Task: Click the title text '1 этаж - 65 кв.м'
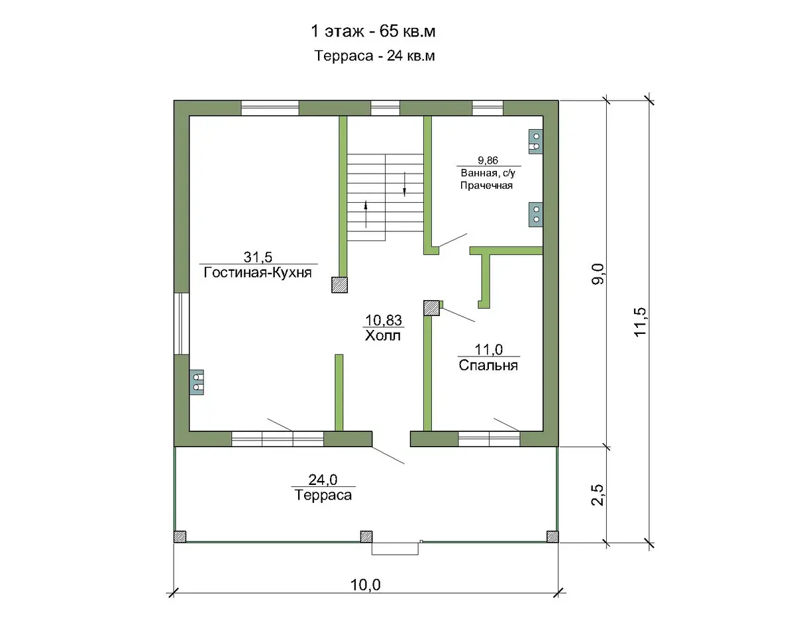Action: click(x=373, y=31)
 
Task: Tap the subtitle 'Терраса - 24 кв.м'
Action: click(x=374, y=56)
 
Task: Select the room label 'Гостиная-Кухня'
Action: click(x=258, y=273)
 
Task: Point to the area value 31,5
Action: click(x=258, y=256)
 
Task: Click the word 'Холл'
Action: click(x=383, y=335)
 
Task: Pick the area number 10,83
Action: click(x=384, y=320)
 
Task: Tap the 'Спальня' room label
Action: click(x=488, y=366)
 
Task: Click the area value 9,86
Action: click(x=488, y=160)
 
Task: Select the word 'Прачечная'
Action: click(x=486, y=185)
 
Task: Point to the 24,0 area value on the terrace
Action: click(x=323, y=480)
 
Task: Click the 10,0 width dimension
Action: click(x=365, y=585)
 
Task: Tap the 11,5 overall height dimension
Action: click(x=640, y=321)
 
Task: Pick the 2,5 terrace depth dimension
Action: click(x=598, y=495)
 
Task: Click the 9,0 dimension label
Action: click(x=598, y=274)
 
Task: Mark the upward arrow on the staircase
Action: click(x=366, y=214)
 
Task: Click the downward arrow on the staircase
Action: click(x=405, y=184)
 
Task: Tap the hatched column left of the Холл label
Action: click(x=339, y=285)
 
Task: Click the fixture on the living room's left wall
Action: click(x=197, y=382)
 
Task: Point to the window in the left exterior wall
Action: click(x=182, y=324)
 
